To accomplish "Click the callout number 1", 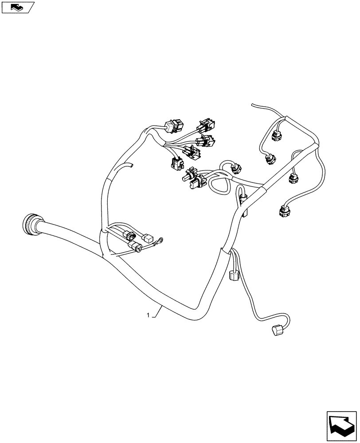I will [x=148, y=315].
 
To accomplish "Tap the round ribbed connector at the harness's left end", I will [x=30, y=225].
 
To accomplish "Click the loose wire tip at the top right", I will [x=253, y=105].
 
